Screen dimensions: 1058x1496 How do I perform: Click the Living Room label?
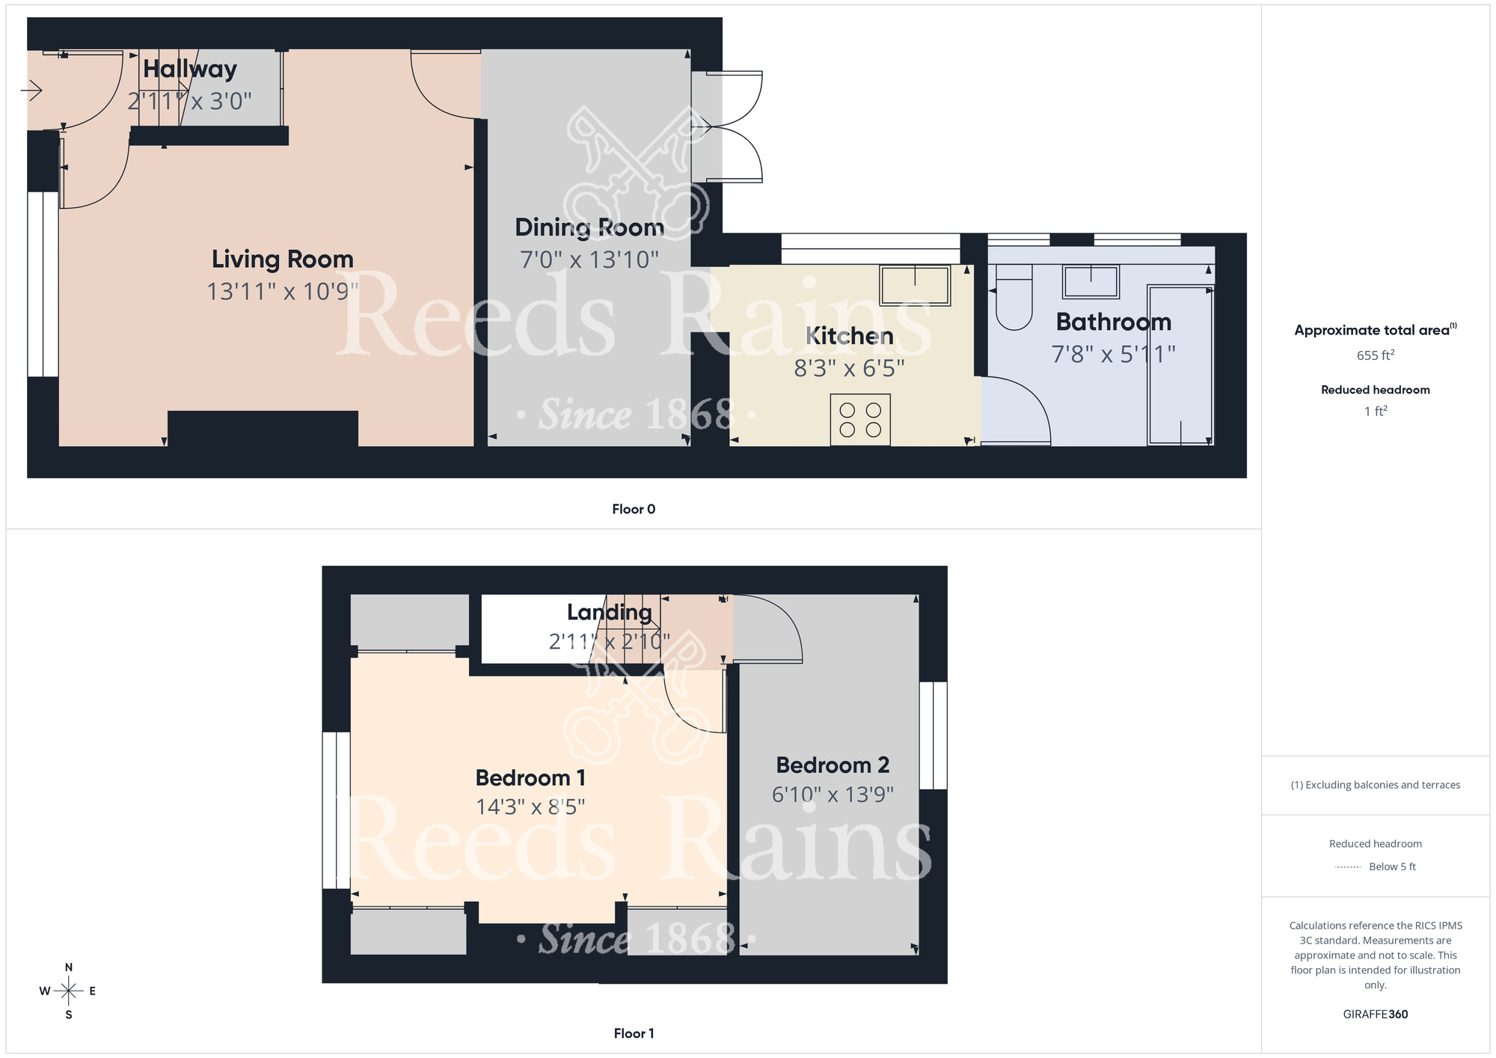[x=282, y=259]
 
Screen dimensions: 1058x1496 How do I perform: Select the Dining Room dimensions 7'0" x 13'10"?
[x=589, y=260]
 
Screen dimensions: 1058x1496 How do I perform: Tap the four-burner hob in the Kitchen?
[x=860, y=420]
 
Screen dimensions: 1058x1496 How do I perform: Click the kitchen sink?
[x=915, y=285]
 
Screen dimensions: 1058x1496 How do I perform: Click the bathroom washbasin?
[x=1091, y=282]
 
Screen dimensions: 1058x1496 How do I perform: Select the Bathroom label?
[x=1113, y=322]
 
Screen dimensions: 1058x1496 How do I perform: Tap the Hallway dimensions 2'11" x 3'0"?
[x=189, y=101]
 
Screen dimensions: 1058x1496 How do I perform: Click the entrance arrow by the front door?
[x=31, y=91]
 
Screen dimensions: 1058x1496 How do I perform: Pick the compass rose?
[x=68, y=991]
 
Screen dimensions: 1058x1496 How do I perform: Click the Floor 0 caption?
[x=633, y=509]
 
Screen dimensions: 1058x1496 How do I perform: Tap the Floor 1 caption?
[x=633, y=1033]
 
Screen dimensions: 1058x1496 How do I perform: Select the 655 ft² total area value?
[x=1375, y=355]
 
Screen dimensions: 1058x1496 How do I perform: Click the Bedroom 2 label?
[x=832, y=765]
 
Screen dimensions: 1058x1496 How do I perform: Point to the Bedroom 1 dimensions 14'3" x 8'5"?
[x=530, y=807]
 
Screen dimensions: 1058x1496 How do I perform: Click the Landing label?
[x=609, y=612]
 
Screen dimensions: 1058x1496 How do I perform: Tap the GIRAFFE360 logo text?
[x=1375, y=1015]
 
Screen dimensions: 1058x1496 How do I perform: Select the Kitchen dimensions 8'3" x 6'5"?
[x=848, y=368]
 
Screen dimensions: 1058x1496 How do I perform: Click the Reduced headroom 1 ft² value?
[x=1375, y=411]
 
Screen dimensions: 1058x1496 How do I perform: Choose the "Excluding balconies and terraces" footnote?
[x=1375, y=785]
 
